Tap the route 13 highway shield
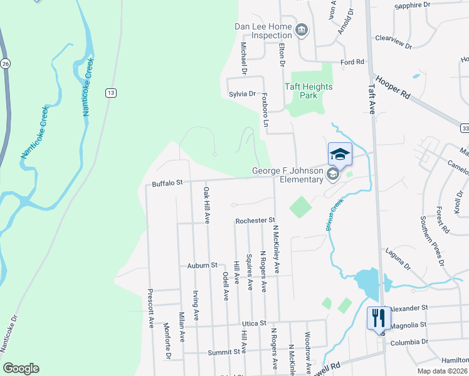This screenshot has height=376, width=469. coord(111,93)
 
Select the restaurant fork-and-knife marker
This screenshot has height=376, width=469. coord(379,318)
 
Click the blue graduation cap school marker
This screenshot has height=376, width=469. coord(340,154)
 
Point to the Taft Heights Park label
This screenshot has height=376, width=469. coord(308,91)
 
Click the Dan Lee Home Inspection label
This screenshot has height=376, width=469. coord(263,31)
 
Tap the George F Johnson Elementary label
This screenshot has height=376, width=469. coord(287,175)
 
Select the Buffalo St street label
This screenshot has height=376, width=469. coord(167,184)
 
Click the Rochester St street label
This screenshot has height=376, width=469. coord(255,221)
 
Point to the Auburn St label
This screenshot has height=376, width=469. coord(201,266)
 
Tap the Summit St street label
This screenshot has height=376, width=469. coord(228,352)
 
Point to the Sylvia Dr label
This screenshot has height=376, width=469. coord(242,94)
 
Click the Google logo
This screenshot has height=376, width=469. coord(21,368)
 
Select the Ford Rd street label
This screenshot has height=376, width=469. coord(352,62)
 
